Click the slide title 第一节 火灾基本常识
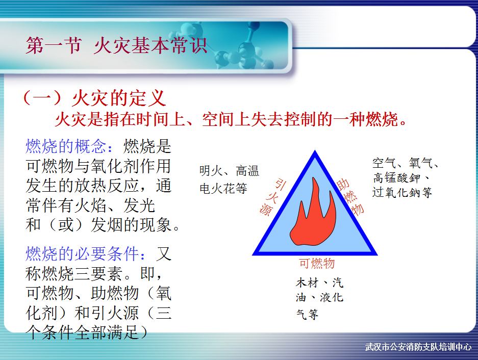point(117,45)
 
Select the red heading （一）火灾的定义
point(94,98)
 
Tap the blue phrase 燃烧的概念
point(66,146)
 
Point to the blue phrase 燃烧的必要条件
point(82,254)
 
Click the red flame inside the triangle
point(313,213)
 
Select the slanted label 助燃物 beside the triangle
point(350,197)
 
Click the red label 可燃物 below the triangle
point(317,263)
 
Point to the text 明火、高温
point(229,171)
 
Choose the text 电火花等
point(223,188)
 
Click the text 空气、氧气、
point(406,163)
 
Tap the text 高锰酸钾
point(396,178)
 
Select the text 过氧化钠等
point(402,192)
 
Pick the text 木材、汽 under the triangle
point(319,282)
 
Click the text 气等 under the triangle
point(307,314)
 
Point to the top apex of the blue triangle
point(315,150)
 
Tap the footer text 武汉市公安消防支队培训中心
point(418,347)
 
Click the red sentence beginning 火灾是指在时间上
point(231,119)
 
